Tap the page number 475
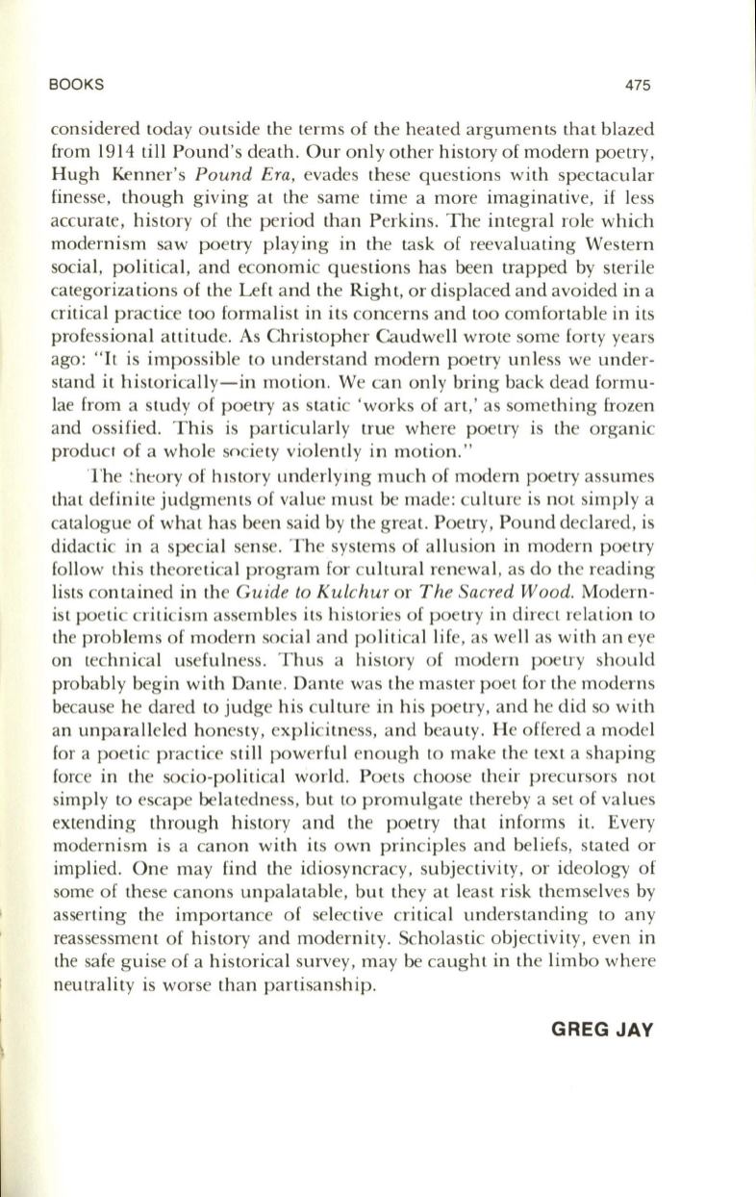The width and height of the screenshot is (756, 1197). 638,85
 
